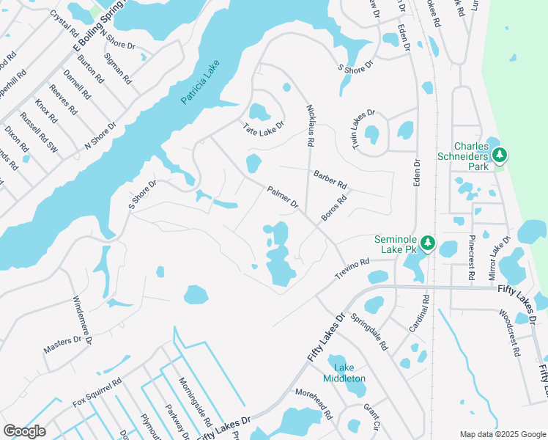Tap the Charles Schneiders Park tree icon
click(x=500, y=155)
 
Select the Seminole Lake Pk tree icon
click(x=428, y=243)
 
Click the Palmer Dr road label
click(x=283, y=196)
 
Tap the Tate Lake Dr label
click(x=263, y=128)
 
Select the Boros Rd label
click(x=333, y=208)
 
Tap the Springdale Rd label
click(x=369, y=331)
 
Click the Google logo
click(x=25, y=431)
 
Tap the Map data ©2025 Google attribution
click(x=502, y=434)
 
